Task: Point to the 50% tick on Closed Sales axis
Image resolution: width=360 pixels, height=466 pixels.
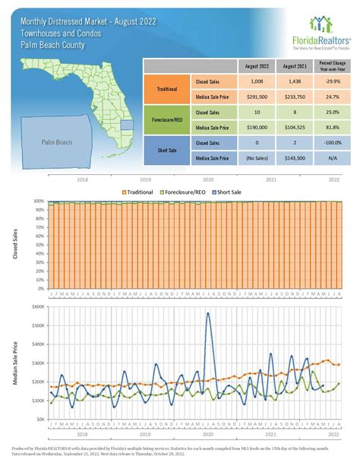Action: (39, 245)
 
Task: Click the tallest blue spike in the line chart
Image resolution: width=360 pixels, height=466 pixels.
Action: (209, 312)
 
